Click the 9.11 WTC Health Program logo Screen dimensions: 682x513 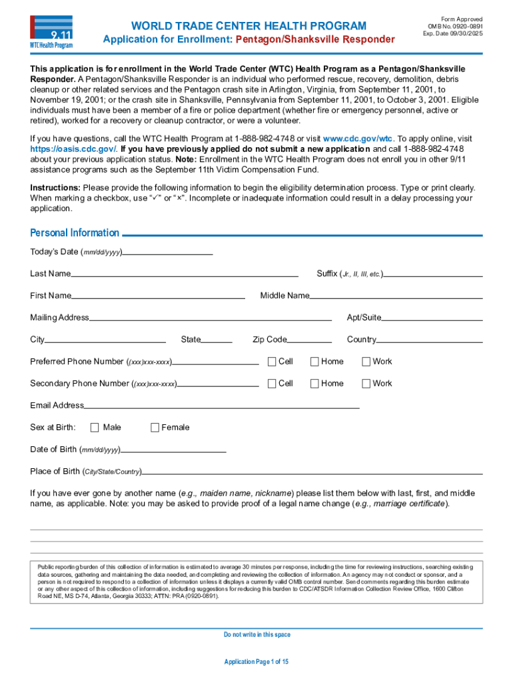(51, 32)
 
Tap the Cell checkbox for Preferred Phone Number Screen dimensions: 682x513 (272, 362)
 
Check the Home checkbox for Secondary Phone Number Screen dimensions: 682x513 (314, 384)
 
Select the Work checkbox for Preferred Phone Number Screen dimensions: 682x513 (366, 362)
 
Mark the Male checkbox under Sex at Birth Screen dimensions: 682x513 (95, 428)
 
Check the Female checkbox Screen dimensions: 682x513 (155, 428)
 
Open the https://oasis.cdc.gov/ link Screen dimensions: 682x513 (73, 149)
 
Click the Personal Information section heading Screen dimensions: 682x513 (75, 233)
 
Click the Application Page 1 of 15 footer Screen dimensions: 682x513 (256, 661)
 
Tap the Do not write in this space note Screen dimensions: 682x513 (256, 635)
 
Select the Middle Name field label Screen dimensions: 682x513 (284, 296)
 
